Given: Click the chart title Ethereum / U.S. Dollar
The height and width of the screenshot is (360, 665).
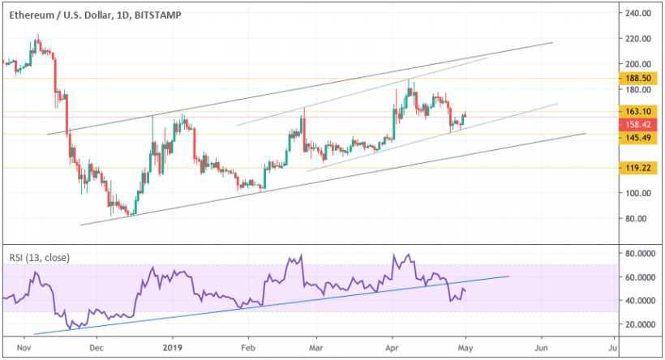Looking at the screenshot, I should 55,13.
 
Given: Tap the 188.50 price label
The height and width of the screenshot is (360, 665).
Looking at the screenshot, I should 639,79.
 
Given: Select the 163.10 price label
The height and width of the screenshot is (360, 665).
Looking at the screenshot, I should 639,112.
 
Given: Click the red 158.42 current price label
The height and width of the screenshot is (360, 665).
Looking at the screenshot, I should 639,125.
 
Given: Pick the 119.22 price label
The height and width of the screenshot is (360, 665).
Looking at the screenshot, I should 639,168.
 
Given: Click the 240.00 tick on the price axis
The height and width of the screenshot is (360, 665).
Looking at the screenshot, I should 637,13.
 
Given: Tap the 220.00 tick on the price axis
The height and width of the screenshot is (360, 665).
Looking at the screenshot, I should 637,38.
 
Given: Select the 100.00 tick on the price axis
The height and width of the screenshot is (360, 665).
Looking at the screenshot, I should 637,193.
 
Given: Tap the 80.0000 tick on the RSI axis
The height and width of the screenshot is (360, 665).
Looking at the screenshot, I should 639,254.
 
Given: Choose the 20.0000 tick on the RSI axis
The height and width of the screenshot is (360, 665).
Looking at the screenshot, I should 639,324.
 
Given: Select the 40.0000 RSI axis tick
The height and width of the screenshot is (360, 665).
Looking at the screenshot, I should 639,300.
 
